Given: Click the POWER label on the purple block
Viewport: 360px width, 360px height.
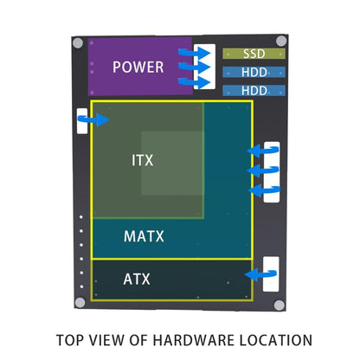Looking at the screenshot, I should (138, 67).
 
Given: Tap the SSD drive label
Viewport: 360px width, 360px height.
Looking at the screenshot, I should (254, 54).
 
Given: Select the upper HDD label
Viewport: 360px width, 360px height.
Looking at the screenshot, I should (254, 72).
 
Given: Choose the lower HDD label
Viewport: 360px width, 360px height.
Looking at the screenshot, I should (254, 90).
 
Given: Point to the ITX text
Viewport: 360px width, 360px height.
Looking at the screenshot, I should (143, 161).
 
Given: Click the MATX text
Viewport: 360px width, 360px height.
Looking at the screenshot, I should (144, 235).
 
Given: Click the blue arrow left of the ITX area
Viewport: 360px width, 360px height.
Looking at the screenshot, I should (94, 120).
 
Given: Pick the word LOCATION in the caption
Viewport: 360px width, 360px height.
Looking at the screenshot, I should (274, 340).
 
